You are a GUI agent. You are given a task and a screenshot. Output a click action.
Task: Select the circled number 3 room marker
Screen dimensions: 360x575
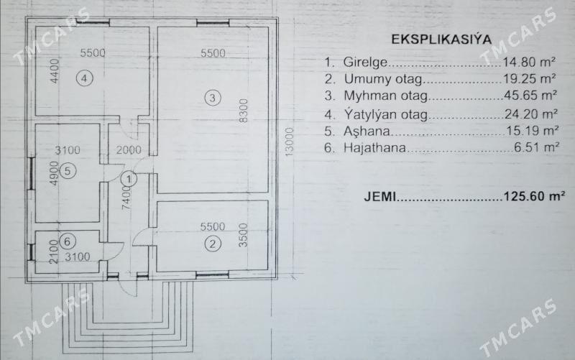211,98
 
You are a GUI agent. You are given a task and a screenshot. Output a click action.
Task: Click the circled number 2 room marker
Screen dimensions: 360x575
212,244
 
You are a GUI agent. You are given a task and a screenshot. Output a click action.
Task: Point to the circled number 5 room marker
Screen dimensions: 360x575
65,171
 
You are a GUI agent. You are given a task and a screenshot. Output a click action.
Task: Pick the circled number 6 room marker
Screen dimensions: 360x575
66,241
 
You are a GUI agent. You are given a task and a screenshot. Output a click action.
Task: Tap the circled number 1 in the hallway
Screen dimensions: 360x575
127,178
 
